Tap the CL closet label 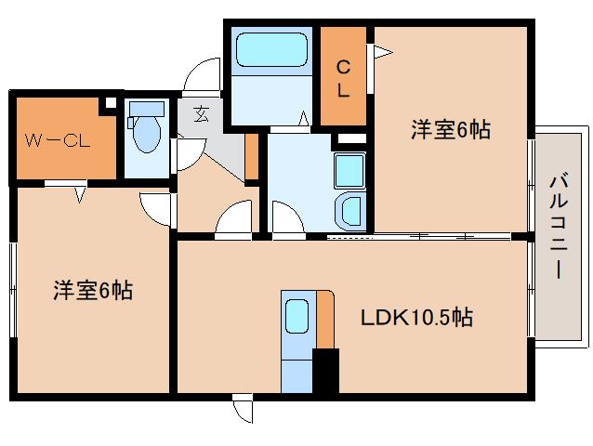[343, 78]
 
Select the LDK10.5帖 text [416, 318]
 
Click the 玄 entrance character [201, 114]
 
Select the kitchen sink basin [296, 317]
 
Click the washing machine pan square [349, 171]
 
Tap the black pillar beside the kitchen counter [325, 371]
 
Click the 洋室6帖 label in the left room [92, 291]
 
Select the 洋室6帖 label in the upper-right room [451, 130]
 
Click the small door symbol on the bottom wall [244, 409]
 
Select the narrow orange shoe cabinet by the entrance [251, 158]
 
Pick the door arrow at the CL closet [377, 54]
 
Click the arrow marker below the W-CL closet [79, 192]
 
